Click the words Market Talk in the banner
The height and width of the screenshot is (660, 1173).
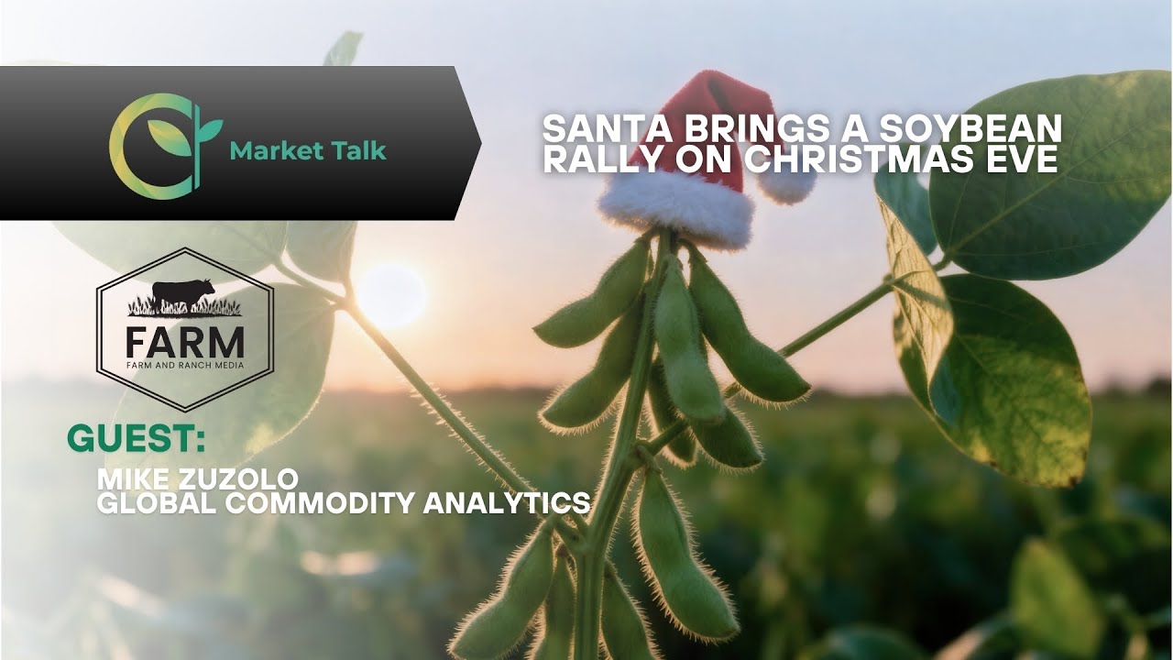(308, 150)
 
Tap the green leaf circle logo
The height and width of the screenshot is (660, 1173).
(161, 145)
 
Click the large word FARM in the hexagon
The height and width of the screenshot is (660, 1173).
(185, 343)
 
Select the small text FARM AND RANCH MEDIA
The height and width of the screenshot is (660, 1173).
(185, 368)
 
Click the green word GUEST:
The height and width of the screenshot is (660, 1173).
(136, 440)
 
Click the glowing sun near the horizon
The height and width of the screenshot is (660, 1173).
(392, 295)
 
